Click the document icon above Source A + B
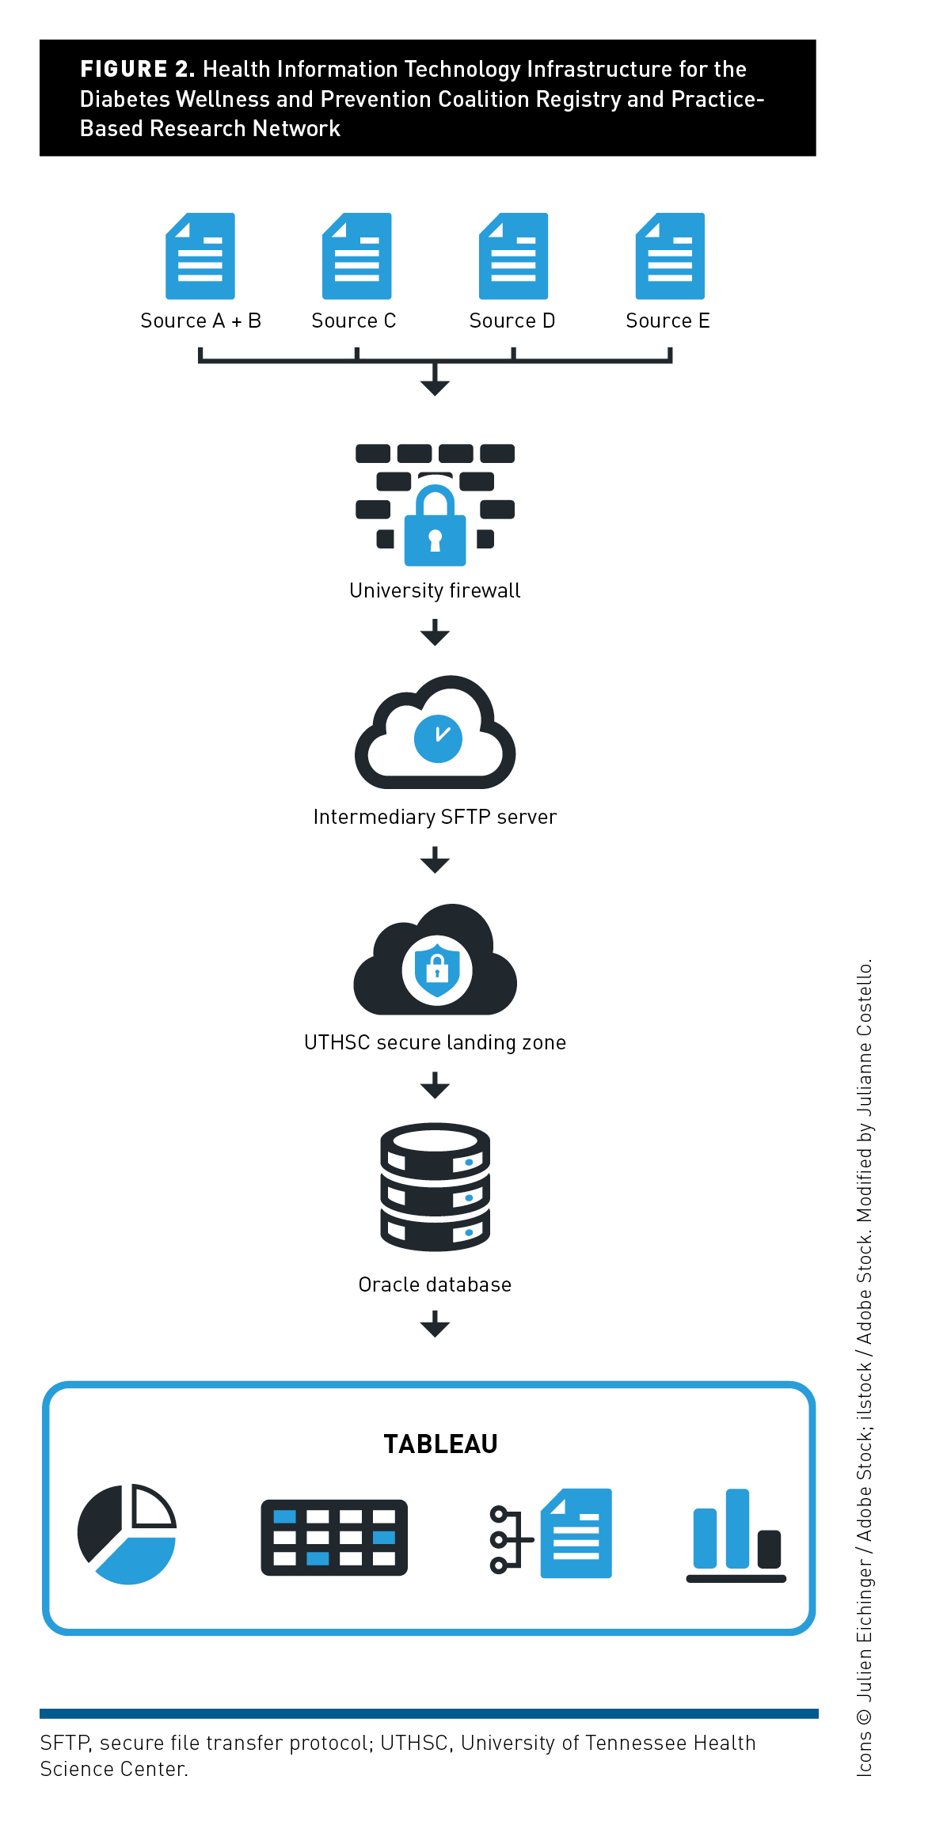click(200, 256)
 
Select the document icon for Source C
click(356, 256)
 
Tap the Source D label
click(512, 321)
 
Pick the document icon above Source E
click(670, 256)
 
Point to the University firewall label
click(435, 590)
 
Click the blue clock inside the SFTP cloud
click(438, 738)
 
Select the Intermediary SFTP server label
click(435, 817)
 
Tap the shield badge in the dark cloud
click(436, 970)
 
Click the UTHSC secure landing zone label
click(435, 1042)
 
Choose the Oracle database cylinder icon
click(435, 1186)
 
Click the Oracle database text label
click(435, 1284)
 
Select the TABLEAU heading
click(440, 1444)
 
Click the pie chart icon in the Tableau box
click(127, 1535)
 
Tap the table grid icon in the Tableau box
click(334, 1537)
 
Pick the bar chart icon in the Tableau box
click(736, 1535)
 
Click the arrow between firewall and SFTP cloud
click(435, 632)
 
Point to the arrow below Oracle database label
click(435, 1323)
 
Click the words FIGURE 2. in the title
click(137, 70)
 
